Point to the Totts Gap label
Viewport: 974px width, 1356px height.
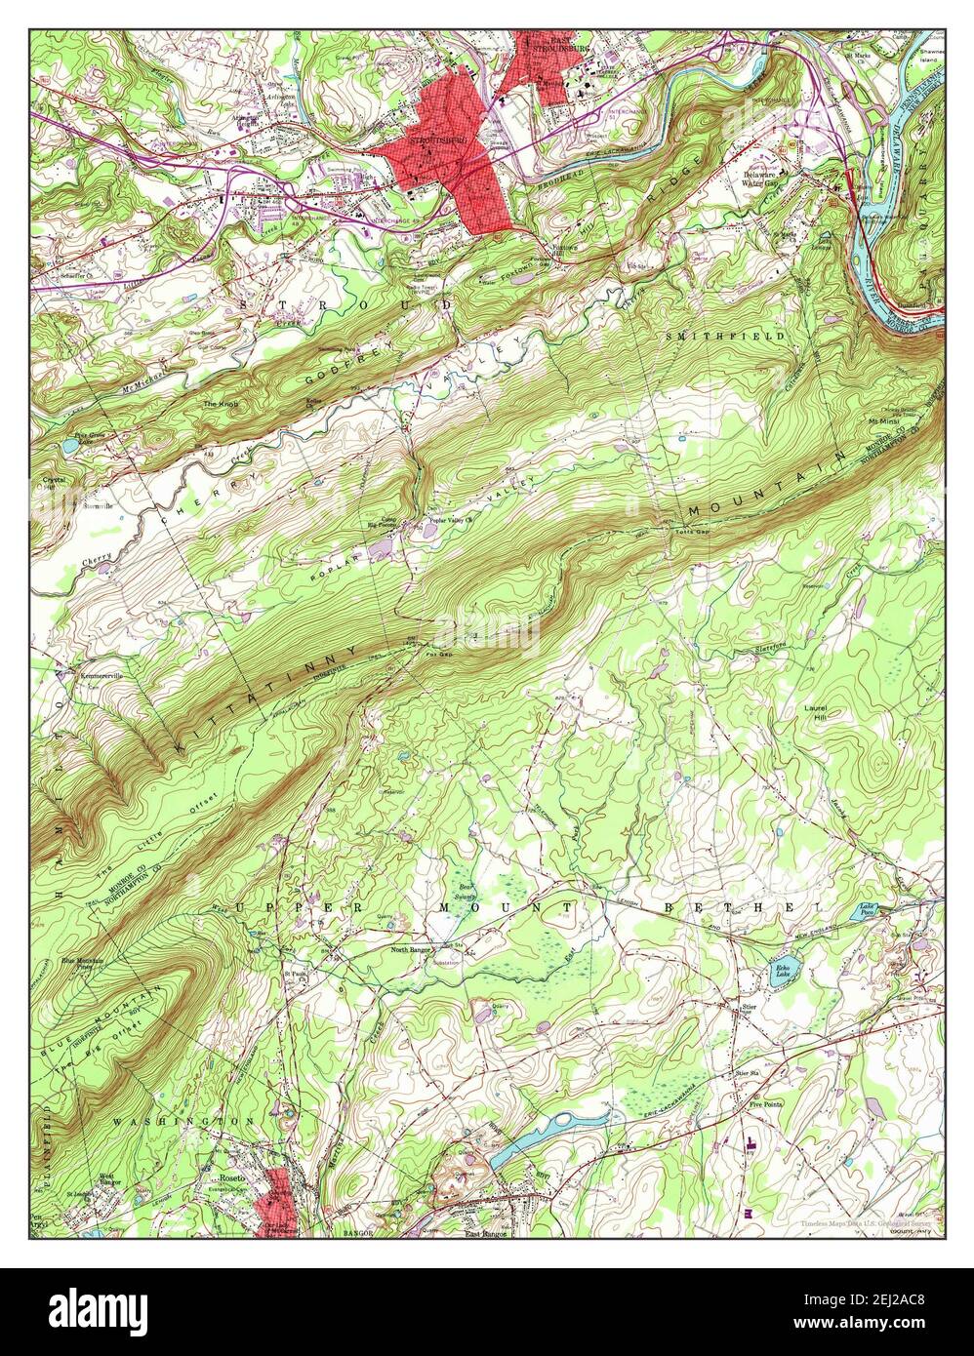tap(692, 532)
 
